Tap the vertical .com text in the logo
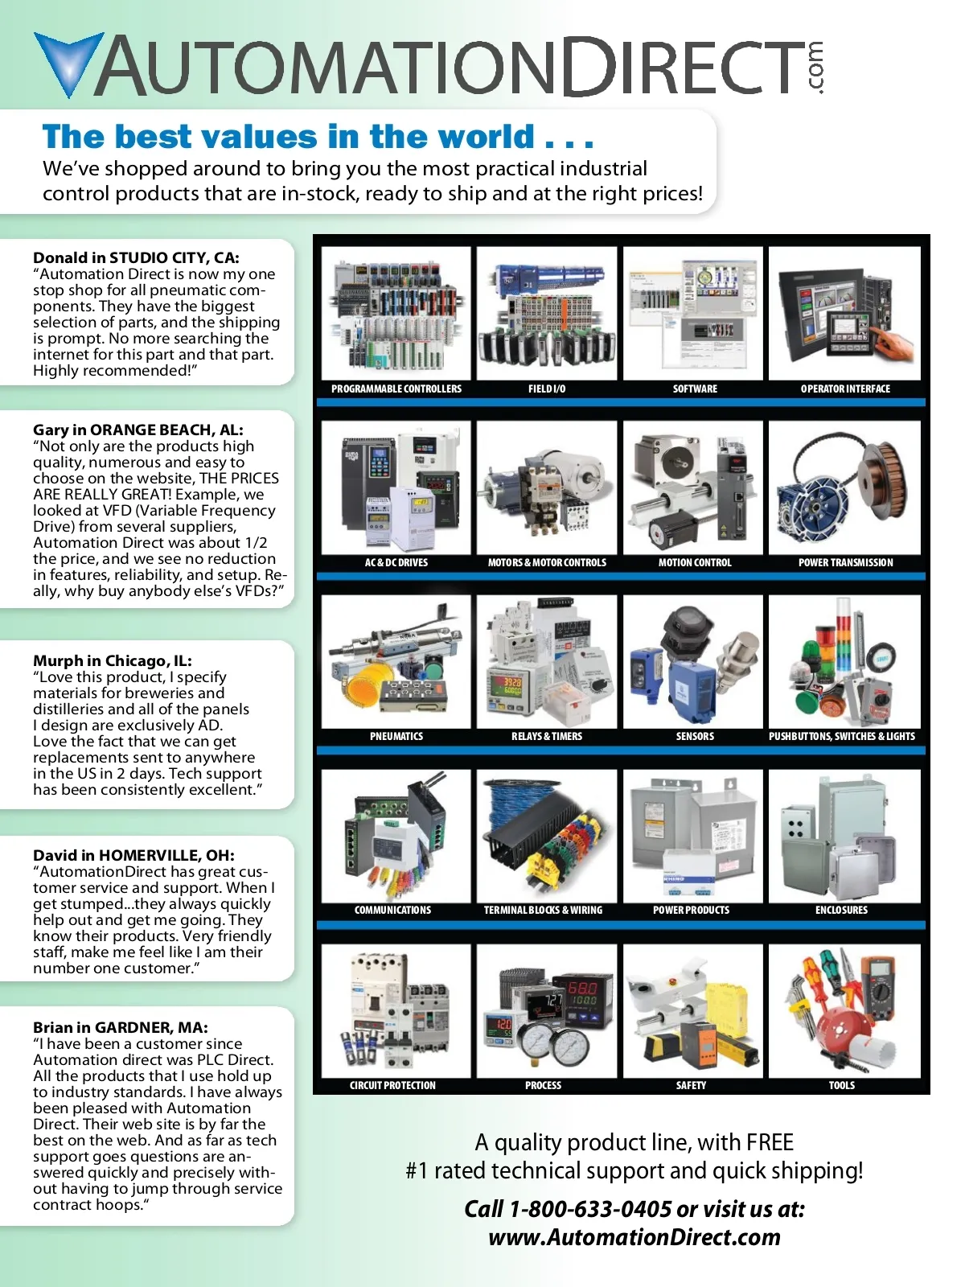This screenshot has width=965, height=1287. (x=815, y=68)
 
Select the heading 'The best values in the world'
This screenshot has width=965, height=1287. (x=318, y=137)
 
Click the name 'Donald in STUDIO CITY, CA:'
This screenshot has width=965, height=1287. (x=136, y=258)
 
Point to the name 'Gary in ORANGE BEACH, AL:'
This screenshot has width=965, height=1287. (x=138, y=430)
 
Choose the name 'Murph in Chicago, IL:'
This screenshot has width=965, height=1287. (x=113, y=661)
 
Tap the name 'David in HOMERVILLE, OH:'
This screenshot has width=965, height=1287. (x=133, y=856)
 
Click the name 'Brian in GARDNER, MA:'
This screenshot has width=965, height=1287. (x=121, y=1028)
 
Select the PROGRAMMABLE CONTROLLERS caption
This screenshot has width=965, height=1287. (x=396, y=389)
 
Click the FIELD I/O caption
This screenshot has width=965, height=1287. (x=547, y=389)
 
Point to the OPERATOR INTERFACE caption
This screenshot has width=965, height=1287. (x=845, y=389)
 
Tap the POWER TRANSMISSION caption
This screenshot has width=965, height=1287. (x=845, y=563)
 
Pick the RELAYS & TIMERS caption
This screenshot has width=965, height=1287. (x=547, y=737)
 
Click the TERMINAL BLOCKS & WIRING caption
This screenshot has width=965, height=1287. (x=543, y=911)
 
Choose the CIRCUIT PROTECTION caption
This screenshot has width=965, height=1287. (x=392, y=1086)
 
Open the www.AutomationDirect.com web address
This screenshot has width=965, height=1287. (x=634, y=1237)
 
